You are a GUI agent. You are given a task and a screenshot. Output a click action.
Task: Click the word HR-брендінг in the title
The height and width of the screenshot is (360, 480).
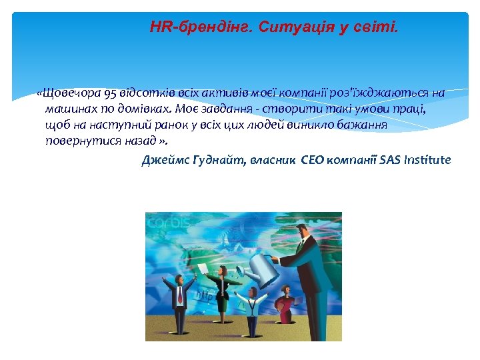point(193,28)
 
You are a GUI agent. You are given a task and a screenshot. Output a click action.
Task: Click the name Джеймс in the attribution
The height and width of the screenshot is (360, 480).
point(162,160)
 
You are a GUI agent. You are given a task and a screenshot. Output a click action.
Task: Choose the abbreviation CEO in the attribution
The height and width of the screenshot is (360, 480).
point(316,160)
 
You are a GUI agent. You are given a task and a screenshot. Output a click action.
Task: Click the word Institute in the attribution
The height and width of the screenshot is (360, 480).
point(427,160)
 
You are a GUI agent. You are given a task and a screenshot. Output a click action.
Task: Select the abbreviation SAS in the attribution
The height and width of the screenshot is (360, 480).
point(391,160)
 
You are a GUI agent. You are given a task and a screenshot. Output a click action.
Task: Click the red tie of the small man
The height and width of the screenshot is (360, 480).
point(179,296)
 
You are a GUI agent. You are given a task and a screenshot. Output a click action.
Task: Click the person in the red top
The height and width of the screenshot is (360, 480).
point(285,303)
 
